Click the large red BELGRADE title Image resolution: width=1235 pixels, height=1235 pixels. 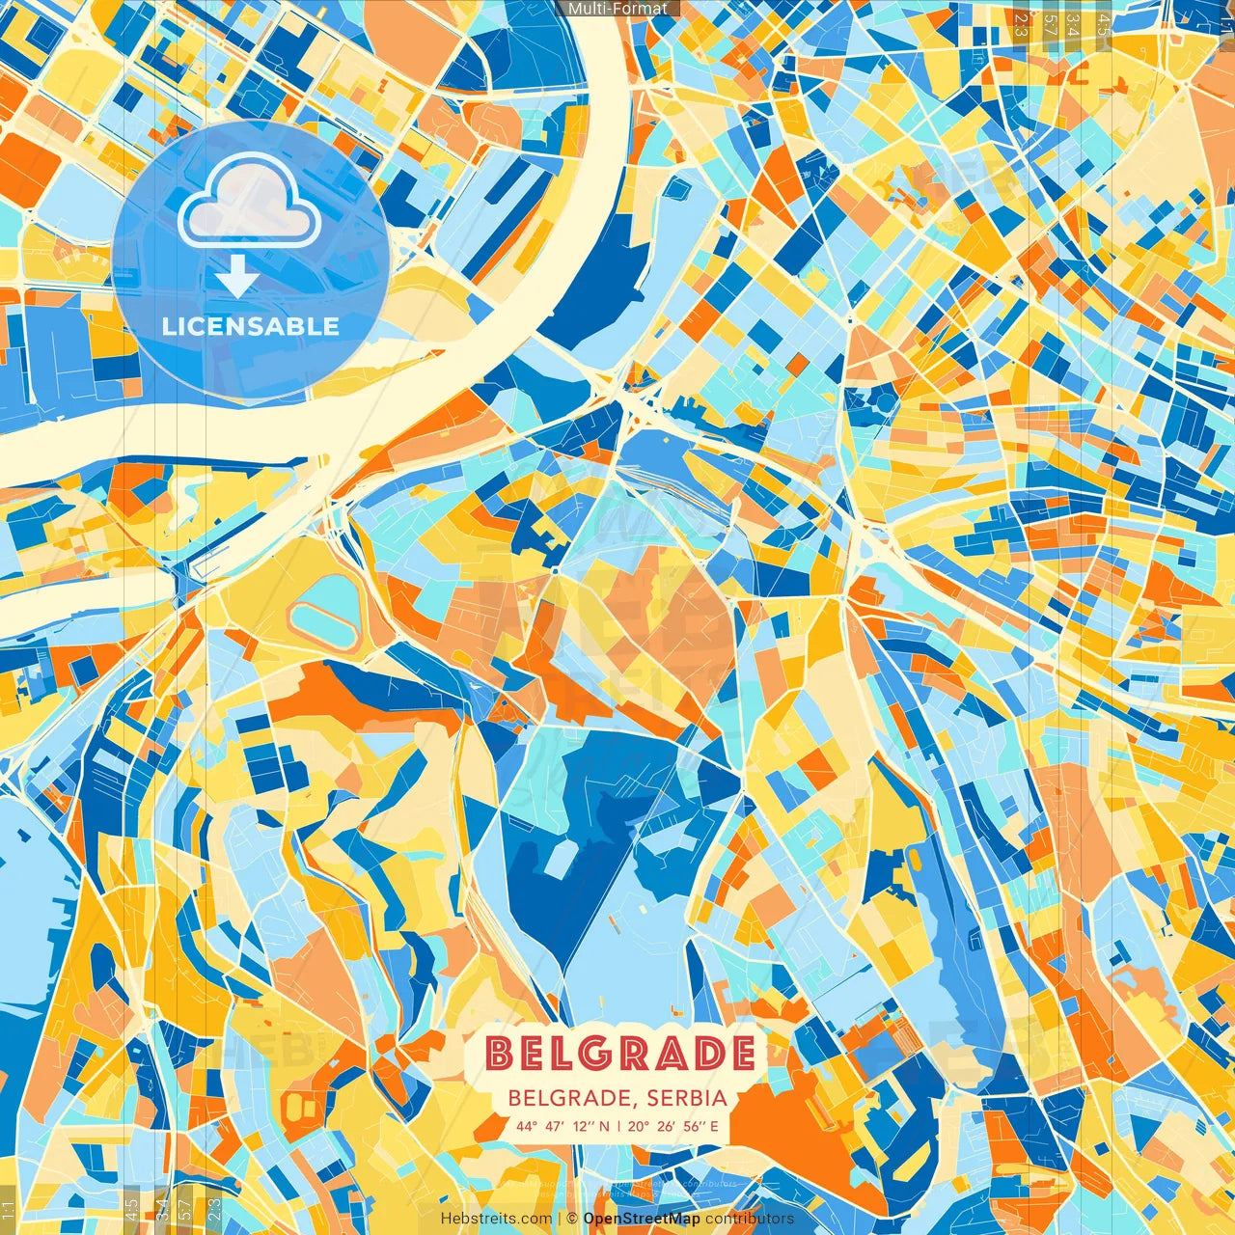[620, 1054]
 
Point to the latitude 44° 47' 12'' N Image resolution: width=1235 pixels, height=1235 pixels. [563, 1126]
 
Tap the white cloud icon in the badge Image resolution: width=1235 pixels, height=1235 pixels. [250, 201]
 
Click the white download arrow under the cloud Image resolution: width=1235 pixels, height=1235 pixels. [236, 275]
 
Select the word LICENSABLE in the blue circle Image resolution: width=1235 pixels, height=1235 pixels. [251, 326]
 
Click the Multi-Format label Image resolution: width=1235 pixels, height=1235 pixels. [617, 9]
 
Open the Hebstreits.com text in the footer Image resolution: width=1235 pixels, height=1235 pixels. [496, 1219]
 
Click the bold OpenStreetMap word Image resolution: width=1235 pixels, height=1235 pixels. [642, 1219]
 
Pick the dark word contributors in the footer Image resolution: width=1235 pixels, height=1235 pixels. [750, 1219]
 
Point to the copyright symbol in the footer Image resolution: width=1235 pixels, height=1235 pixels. [572, 1219]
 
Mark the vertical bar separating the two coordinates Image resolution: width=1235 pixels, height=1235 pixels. [619, 1126]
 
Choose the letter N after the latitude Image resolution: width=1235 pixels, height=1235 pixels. [604, 1126]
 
